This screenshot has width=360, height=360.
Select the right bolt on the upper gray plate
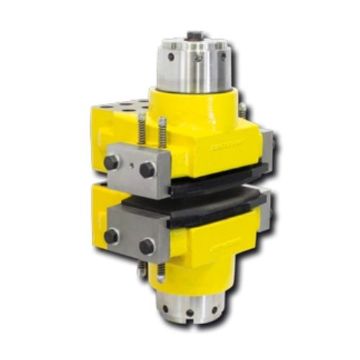pyautogui.click(x=147, y=170)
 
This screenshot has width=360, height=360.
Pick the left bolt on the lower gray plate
pyautogui.click(x=112, y=235)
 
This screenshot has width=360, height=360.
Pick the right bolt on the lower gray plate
pyautogui.click(x=147, y=246)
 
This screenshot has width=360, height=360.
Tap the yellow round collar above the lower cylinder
pyautogui.click(x=189, y=277)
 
